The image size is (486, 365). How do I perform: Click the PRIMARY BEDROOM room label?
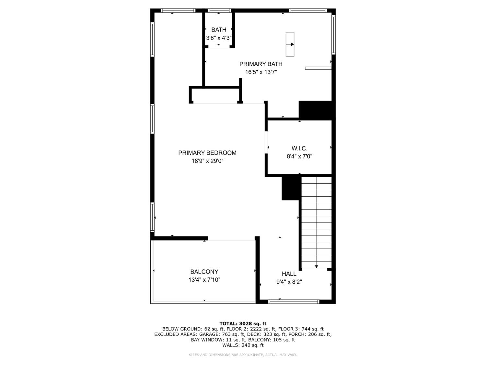pos(207,153)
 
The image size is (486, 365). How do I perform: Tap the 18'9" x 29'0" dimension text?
pos(207,161)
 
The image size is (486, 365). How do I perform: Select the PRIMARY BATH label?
pos(261,64)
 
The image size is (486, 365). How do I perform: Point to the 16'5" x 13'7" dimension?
pos(261,72)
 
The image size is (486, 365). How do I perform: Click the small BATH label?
pos(219,30)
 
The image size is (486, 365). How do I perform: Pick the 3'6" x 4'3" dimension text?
pos(219,38)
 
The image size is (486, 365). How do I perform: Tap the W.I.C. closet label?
pos(299,148)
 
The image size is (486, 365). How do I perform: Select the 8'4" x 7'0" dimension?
pos(299,156)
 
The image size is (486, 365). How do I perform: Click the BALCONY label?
pos(204,272)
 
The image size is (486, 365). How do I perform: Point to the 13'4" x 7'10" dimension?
pos(204,280)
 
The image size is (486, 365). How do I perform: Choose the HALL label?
pos(289,274)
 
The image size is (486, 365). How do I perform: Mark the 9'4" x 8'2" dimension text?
pos(289,282)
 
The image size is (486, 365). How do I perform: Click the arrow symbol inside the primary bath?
pos(290,44)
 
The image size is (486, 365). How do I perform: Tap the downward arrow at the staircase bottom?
pos(317,266)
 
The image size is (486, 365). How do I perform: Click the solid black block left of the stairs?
pos(291,188)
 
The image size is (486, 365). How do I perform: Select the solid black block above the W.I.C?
pos(316,110)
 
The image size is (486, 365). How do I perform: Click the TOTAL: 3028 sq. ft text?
pos(243,323)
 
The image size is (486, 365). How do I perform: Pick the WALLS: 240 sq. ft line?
pos(243,345)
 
